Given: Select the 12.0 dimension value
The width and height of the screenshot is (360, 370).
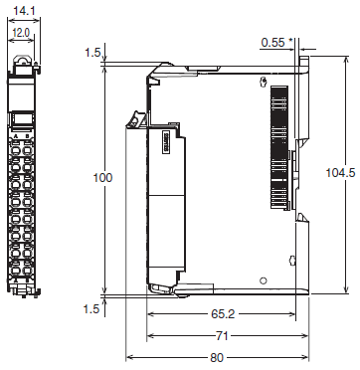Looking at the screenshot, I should click(x=21, y=33).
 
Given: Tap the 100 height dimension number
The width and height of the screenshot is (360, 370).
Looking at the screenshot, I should click(x=102, y=178).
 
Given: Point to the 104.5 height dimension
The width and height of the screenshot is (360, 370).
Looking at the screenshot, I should click(x=339, y=172).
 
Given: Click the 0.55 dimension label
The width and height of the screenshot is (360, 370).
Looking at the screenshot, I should click(x=270, y=42).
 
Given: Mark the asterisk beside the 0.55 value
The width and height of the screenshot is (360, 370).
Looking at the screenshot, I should click(x=289, y=41).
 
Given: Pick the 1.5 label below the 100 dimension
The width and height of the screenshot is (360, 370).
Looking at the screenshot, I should click(x=92, y=309).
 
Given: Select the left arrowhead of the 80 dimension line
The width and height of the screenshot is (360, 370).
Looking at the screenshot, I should click(x=129, y=358).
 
